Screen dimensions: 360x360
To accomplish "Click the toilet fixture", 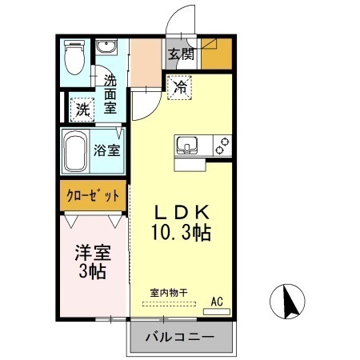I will pyautogui.click(x=74, y=58).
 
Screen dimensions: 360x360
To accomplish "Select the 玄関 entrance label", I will pyautogui.click(x=182, y=54).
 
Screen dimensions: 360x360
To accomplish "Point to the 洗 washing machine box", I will pyautogui.click(x=82, y=110).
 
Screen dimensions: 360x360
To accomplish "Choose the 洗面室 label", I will pyautogui.click(x=111, y=94).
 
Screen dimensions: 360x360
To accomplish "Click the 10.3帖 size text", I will pyautogui.click(x=181, y=234).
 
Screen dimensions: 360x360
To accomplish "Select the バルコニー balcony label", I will pyautogui.click(x=179, y=338).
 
